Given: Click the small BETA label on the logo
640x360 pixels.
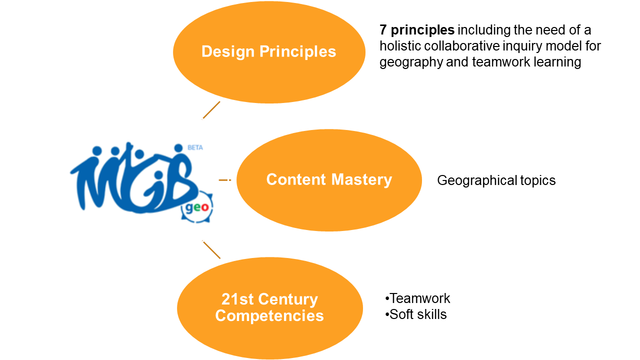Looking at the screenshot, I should click(195, 147).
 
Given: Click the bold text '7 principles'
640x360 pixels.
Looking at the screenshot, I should click(417, 30).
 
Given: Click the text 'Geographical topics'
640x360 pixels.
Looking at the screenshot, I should click(496, 180).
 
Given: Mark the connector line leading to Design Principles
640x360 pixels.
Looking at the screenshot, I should click(211, 110).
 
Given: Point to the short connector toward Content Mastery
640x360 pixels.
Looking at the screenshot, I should click(225, 179).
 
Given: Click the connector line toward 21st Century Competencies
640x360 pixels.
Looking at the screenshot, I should click(211, 249).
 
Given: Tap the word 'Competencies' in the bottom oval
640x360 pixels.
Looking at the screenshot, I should click(269, 316).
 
